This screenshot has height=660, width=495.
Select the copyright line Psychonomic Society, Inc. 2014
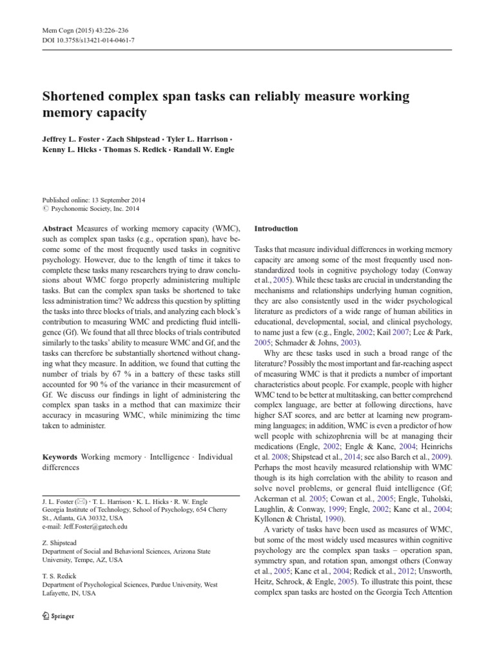(x=94, y=209)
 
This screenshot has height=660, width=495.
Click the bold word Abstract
(x=57, y=229)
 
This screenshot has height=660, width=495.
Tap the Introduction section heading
(x=276, y=229)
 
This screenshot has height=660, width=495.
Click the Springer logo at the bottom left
(x=57, y=616)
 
